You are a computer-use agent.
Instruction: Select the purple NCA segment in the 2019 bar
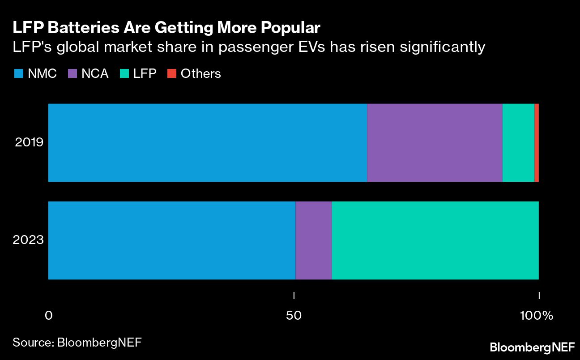click(x=435, y=143)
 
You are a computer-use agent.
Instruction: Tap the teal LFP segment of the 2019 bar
click(x=518, y=143)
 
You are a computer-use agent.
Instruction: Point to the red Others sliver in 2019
click(x=537, y=143)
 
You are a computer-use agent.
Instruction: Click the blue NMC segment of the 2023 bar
click(x=171, y=240)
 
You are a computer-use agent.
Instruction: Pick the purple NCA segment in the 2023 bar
click(x=314, y=240)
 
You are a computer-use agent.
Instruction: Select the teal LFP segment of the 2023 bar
click(x=435, y=240)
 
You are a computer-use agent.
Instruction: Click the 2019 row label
click(x=29, y=143)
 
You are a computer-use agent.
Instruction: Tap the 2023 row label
click(x=29, y=240)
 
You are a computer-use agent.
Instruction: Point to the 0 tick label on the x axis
click(x=49, y=316)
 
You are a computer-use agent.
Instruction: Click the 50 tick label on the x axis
click(x=294, y=316)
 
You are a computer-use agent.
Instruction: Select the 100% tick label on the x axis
click(x=537, y=316)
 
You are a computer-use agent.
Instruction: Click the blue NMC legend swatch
click(x=18, y=73)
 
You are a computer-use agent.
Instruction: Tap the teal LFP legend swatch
click(x=124, y=73)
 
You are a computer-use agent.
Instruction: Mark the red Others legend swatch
click(x=171, y=73)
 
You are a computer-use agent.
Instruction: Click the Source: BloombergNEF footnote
click(x=77, y=343)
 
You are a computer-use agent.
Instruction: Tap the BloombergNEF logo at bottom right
click(x=531, y=347)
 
